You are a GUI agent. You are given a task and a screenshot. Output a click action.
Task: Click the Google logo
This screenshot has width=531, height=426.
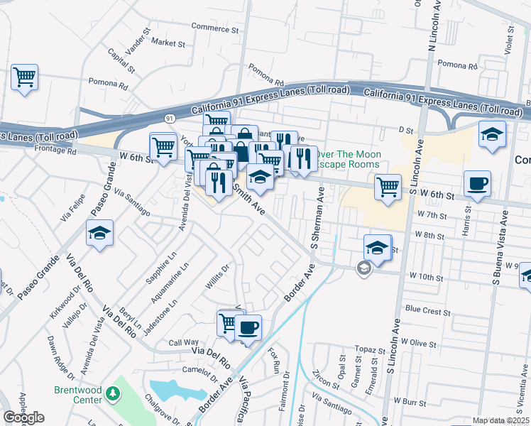click(x=23, y=417)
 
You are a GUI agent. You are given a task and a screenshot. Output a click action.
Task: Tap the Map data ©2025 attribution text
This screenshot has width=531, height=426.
click(x=501, y=420)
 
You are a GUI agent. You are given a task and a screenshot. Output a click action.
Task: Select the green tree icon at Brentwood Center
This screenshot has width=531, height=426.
click(x=111, y=393)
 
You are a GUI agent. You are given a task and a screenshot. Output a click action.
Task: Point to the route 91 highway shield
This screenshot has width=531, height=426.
click(x=169, y=119)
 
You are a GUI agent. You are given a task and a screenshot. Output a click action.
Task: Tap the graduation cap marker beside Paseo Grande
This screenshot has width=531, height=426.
click(x=99, y=232)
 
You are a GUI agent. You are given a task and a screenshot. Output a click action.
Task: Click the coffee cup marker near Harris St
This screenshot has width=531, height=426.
click(x=477, y=183)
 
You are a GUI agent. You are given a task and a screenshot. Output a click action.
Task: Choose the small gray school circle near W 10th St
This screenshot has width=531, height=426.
click(x=364, y=268)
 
